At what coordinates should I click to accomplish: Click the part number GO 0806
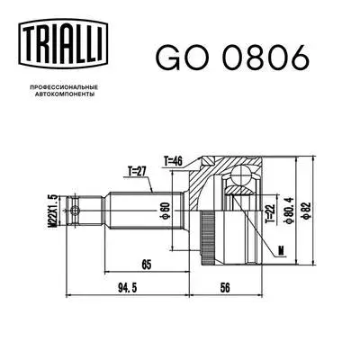[232, 56]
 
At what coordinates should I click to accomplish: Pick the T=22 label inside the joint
[269, 212]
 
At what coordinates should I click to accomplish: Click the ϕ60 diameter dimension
[165, 212]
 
